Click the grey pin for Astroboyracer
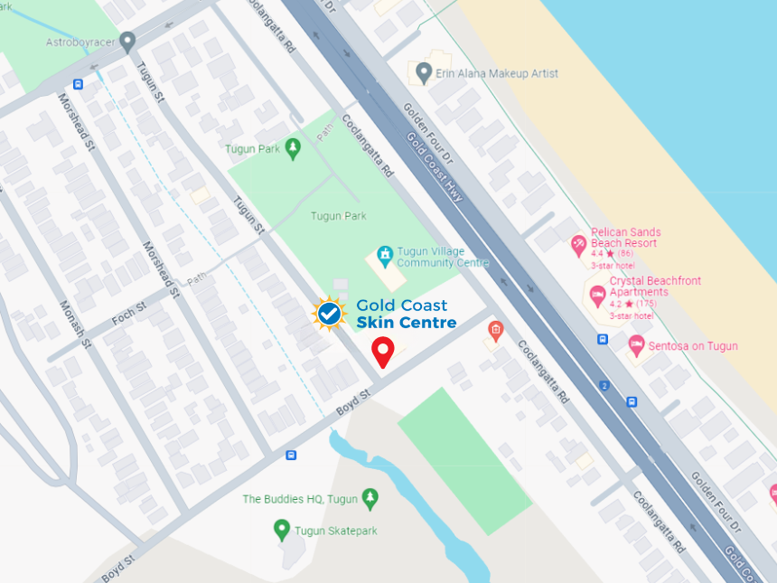128,42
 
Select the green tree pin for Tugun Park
292,148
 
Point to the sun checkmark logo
329,314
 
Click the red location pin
383,352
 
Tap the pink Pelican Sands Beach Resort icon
578,244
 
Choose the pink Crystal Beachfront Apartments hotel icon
597,294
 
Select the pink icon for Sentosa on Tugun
637,345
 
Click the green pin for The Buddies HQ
369,499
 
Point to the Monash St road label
75,324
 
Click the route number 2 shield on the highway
604,385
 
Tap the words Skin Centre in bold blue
406,323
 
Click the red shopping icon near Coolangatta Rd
494,330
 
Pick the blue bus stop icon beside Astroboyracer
78,84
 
